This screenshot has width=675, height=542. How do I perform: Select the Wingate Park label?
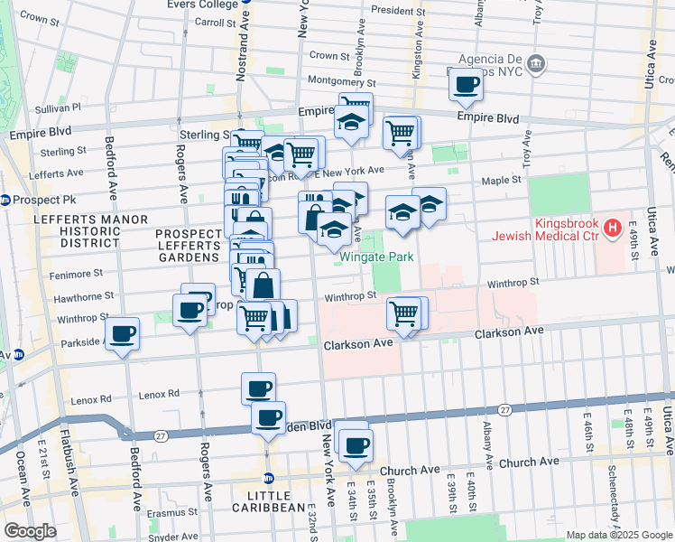click(376, 257)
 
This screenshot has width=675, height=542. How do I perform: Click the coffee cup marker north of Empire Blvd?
click(466, 85)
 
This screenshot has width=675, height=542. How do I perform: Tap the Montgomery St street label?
click(335, 80)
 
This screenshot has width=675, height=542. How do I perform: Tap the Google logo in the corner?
click(29, 531)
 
